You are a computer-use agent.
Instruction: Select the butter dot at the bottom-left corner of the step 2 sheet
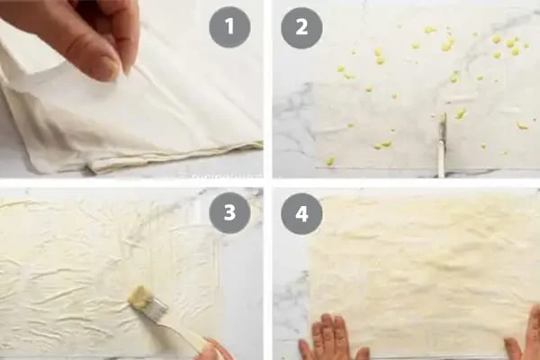pos(329,160)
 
